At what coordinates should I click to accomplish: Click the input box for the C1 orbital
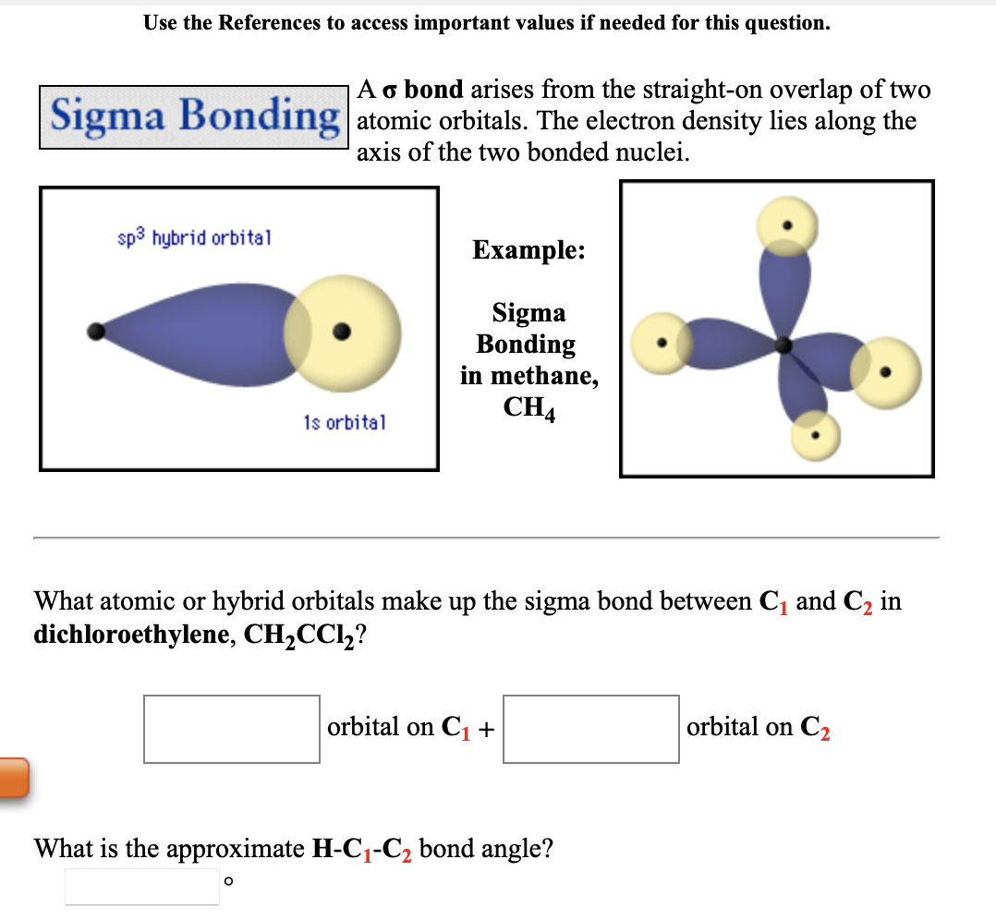click(232, 729)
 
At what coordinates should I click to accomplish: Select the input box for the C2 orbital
click(591, 729)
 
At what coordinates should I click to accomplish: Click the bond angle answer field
click(141, 886)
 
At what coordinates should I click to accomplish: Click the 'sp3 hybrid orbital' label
click(194, 237)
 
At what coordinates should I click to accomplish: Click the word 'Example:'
click(528, 250)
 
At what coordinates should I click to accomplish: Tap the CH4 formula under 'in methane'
click(528, 407)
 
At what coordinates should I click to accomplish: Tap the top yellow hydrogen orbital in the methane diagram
click(786, 226)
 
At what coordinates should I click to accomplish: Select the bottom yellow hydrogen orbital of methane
click(816, 434)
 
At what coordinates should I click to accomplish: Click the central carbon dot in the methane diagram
click(784, 345)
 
